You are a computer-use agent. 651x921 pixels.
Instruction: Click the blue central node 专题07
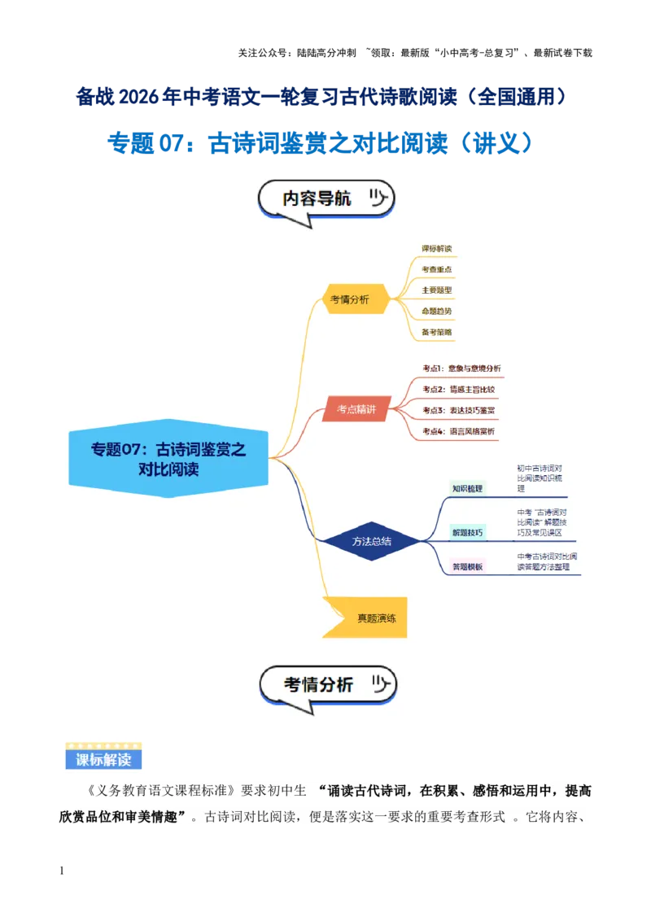pos(168,459)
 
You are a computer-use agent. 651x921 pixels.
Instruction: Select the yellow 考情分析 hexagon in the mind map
pos(350,299)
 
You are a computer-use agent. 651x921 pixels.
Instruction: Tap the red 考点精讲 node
pos(356,409)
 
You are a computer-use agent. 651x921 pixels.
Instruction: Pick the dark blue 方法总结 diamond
pos(371,541)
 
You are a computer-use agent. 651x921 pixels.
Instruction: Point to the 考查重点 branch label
pos(437,268)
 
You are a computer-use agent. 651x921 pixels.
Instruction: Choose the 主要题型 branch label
pos(437,290)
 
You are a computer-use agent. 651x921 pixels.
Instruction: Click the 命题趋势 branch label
pos(437,311)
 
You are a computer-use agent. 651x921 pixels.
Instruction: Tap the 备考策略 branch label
pos(437,332)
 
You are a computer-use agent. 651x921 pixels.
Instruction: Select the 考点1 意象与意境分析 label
pos(461,368)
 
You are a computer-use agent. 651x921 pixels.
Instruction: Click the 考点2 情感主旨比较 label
pos(459,389)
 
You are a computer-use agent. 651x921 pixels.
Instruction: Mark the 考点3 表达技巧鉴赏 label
pos(459,410)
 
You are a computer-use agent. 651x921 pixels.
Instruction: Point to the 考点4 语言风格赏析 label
pos(459,431)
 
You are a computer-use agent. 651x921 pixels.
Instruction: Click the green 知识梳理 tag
pos(468,488)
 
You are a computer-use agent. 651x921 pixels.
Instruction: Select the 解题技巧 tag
pos(468,533)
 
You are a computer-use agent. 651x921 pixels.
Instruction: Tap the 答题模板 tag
pos(468,566)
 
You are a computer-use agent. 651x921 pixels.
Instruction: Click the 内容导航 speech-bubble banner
pos(325,200)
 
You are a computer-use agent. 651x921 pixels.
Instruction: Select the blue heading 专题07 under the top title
pos(320,144)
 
